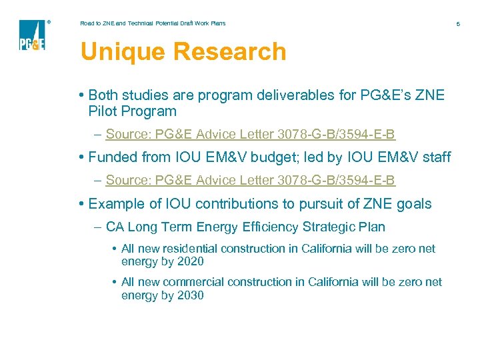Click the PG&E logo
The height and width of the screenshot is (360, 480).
[x=32, y=35]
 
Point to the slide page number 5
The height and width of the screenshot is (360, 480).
[x=458, y=24]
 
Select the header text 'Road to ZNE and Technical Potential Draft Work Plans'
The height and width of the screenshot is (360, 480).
[x=153, y=23]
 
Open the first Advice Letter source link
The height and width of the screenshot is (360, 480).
[x=250, y=135]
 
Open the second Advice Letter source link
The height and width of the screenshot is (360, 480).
[x=250, y=180]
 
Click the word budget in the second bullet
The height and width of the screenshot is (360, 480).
[x=285, y=157]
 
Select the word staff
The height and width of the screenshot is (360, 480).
[x=433, y=157]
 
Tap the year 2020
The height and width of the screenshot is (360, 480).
[x=190, y=261]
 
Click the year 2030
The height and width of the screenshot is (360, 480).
[x=190, y=295]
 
